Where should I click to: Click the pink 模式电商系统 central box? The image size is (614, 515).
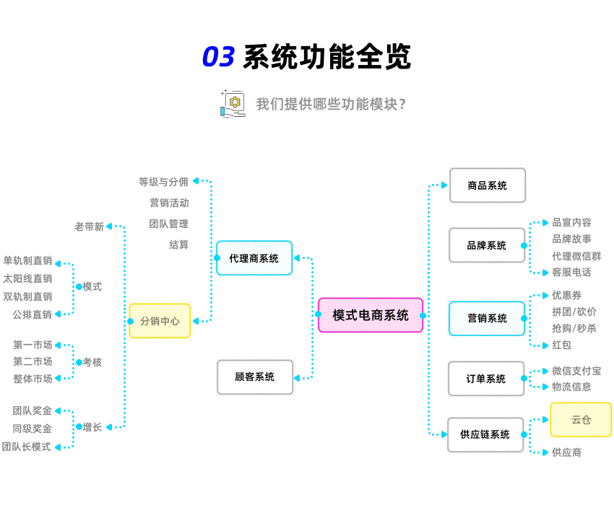(371, 315)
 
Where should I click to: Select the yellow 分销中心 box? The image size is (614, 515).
(160, 321)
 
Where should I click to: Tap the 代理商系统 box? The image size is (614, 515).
(254, 258)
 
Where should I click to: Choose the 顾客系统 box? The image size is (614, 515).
(255, 377)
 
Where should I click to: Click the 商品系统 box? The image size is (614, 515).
(488, 185)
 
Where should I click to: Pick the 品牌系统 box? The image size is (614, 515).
(487, 245)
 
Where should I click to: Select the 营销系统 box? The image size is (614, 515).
(487, 318)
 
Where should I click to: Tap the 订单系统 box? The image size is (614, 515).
(486, 379)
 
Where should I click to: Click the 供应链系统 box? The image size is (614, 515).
(485, 435)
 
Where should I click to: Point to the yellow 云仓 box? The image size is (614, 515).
(581, 420)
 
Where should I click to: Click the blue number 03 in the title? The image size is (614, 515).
(218, 57)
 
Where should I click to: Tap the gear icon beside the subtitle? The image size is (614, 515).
(233, 102)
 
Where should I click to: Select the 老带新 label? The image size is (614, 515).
(89, 226)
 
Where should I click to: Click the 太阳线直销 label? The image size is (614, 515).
(27, 278)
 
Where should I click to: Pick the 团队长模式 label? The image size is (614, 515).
(27, 447)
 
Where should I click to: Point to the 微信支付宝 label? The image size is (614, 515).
(576, 371)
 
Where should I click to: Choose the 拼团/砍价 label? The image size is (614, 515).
(574, 312)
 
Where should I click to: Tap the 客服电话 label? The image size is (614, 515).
(571, 272)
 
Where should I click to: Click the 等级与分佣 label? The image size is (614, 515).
(163, 182)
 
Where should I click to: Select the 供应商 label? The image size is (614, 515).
(566, 452)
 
